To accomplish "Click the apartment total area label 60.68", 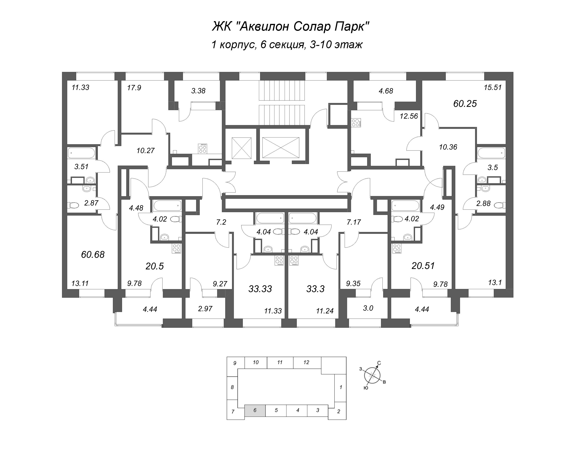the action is tap(93, 255).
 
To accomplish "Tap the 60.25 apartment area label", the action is tap(465, 103).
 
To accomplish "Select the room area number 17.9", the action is tap(134, 88).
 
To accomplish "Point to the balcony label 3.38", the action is tap(198, 91).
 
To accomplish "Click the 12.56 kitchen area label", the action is tap(409, 116).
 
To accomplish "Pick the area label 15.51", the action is tap(493, 87).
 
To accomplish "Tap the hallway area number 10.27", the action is tap(145, 150).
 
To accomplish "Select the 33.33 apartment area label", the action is tap(260, 289).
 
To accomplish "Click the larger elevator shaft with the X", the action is tap(281, 148).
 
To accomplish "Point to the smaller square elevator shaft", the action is tap(242, 148).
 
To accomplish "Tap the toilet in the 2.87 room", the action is tap(73, 205).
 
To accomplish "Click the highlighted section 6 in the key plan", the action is tap(255, 410).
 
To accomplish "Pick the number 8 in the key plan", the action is tap(232, 387).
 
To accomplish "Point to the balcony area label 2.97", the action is tap(205, 309).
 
